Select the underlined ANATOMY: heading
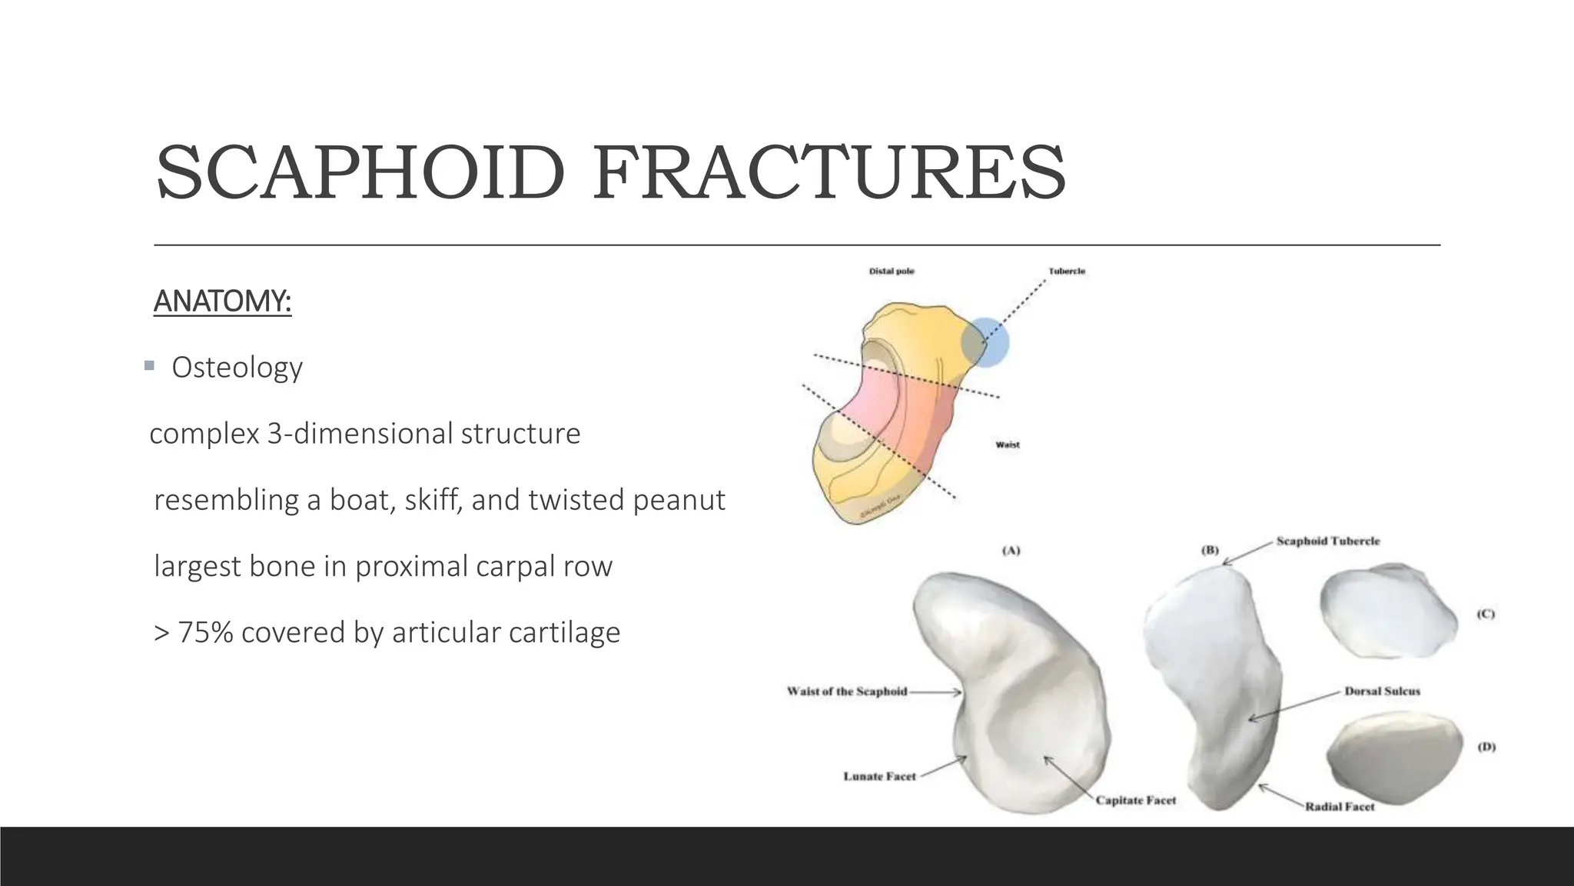pyautogui.click(x=222, y=301)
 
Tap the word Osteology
pyautogui.click(x=237, y=368)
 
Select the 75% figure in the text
pyautogui.click(x=205, y=632)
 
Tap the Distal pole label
pyautogui.click(x=892, y=271)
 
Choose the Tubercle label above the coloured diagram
pyautogui.click(x=1067, y=271)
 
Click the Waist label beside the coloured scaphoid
pyautogui.click(x=1008, y=445)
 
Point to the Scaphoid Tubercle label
pyautogui.click(x=1328, y=541)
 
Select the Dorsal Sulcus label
pyautogui.click(x=1382, y=691)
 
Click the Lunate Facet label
pyautogui.click(x=879, y=777)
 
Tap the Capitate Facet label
pyautogui.click(x=1136, y=801)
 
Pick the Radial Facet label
pyautogui.click(x=1340, y=807)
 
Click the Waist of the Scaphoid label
pyautogui.click(x=847, y=691)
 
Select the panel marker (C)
pyautogui.click(x=1486, y=614)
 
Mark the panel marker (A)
pyautogui.click(x=1011, y=551)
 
